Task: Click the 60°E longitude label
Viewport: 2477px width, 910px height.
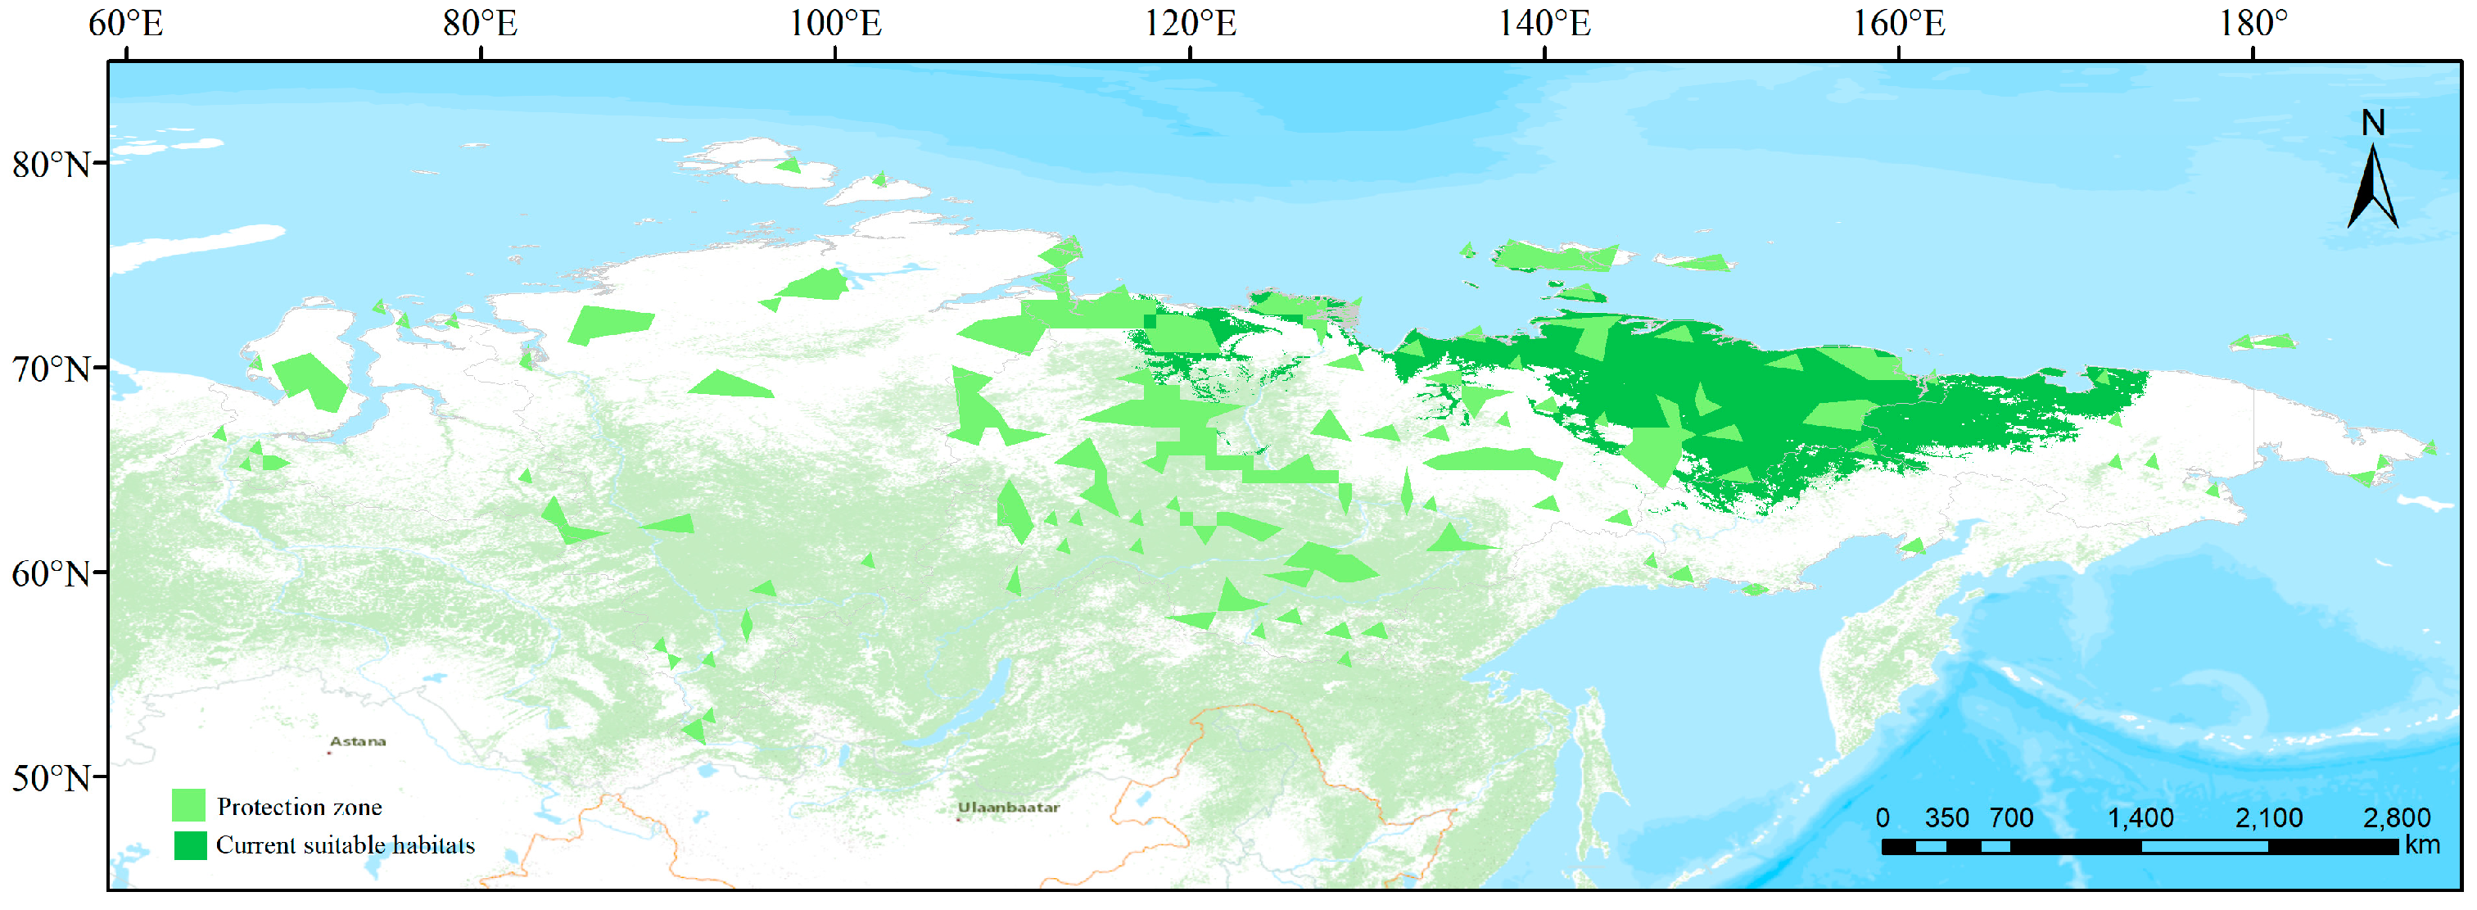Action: (126, 23)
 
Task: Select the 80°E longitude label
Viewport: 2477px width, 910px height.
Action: (480, 23)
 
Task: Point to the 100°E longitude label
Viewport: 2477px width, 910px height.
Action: (834, 23)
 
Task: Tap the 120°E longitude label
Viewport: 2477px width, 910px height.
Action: (1190, 23)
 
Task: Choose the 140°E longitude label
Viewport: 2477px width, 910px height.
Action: (1544, 23)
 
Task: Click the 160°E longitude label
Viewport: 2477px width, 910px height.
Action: (1898, 23)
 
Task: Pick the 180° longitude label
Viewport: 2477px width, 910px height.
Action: (2253, 23)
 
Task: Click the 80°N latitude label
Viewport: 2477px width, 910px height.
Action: (51, 165)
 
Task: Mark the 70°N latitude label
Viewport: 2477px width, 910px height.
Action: (51, 369)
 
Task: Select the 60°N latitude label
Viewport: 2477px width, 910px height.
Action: (51, 574)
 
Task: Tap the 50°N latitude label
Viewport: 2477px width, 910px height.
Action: (51, 778)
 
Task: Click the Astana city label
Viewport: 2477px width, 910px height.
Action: (358, 741)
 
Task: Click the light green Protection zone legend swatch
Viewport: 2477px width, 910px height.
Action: (188, 805)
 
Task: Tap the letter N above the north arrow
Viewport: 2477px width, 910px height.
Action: (2373, 123)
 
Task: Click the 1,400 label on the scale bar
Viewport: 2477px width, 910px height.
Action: (2140, 817)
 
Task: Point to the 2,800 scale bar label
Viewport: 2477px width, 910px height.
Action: (2396, 817)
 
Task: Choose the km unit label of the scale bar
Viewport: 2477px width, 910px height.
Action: (2423, 844)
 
